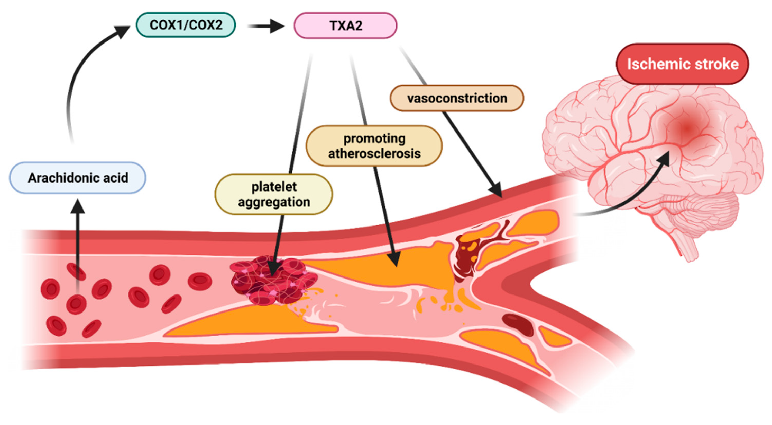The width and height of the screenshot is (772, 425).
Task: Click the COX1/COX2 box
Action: click(186, 25)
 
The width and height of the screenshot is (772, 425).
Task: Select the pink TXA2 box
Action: click(345, 25)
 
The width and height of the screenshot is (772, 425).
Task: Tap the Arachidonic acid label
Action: click(78, 178)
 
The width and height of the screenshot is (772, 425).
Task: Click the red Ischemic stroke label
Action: click(682, 64)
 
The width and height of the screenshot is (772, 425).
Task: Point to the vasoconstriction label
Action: click(457, 98)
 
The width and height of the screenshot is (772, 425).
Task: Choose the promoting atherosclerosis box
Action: click(374, 146)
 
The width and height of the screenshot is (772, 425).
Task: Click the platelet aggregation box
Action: click(274, 194)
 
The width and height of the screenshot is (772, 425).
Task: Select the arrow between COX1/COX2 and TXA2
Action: click(267, 26)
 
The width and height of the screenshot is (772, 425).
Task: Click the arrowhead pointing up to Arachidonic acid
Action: click(78, 206)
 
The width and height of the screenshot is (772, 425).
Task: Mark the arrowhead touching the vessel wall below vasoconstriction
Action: click(496, 190)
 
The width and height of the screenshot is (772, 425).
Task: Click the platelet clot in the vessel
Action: click(273, 281)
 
